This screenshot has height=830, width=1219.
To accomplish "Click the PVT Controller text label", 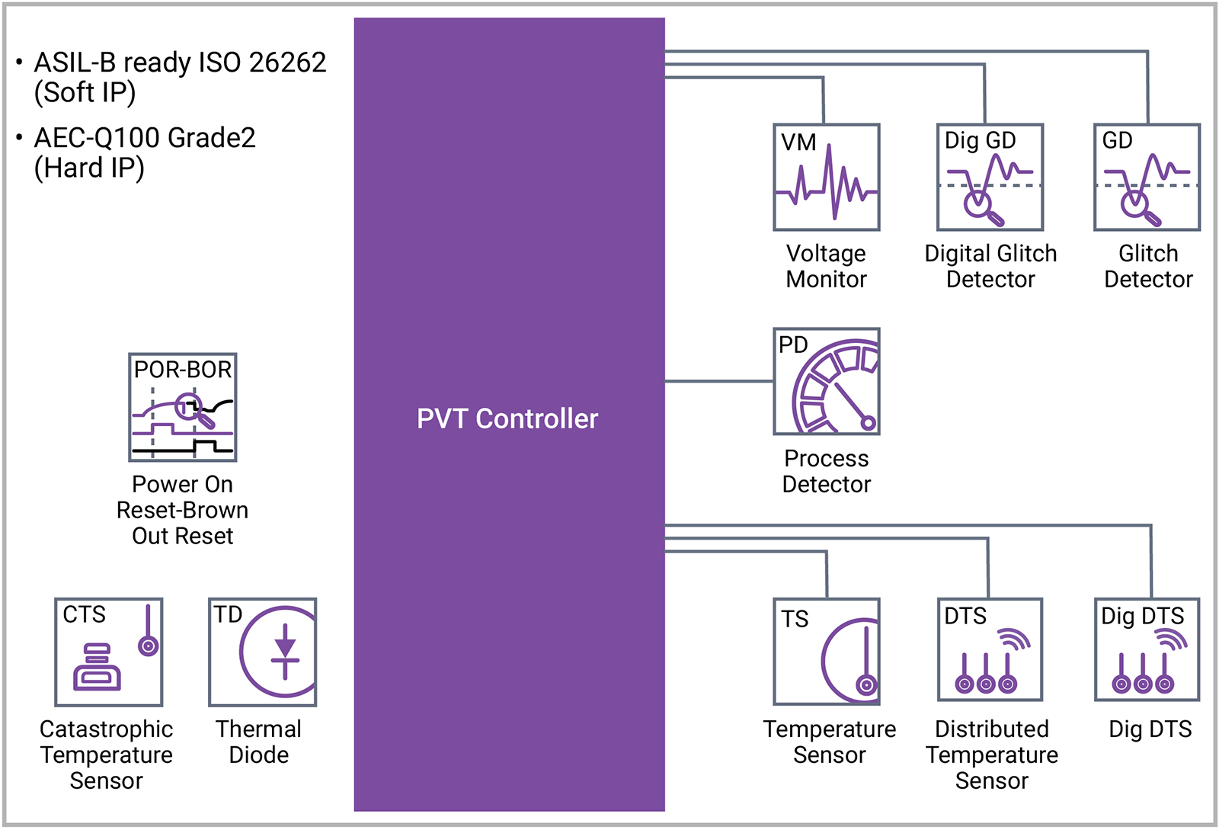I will click(507, 418).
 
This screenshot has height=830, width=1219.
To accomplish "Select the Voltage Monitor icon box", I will click(827, 178).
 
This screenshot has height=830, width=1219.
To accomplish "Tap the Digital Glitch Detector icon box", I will click(990, 178).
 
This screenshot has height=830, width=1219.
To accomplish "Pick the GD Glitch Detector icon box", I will click(1147, 178).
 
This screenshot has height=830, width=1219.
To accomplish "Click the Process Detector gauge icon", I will click(827, 382).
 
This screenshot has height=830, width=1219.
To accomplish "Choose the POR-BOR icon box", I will click(183, 407).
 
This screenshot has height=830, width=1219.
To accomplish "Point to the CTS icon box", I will click(109, 652).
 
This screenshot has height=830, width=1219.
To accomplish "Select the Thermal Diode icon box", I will click(263, 652).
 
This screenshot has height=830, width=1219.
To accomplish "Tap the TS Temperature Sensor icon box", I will click(827, 652).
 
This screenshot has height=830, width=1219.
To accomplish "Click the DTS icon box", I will click(990, 649).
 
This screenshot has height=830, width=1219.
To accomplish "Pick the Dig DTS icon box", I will click(1147, 649).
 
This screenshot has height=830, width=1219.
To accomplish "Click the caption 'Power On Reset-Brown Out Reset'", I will click(183, 510).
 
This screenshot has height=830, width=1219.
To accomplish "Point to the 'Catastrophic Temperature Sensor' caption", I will click(107, 755).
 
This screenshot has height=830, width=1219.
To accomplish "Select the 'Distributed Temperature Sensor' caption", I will click(992, 755).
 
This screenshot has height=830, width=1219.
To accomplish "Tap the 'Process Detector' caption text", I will click(827, 471).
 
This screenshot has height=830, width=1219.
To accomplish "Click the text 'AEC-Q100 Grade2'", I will click(145, 138).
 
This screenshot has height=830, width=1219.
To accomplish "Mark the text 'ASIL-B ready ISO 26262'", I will click(180, 62).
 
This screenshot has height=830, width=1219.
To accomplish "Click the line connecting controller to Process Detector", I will click(719, 381).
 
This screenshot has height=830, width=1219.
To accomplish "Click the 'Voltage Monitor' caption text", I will click(827, 266).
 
